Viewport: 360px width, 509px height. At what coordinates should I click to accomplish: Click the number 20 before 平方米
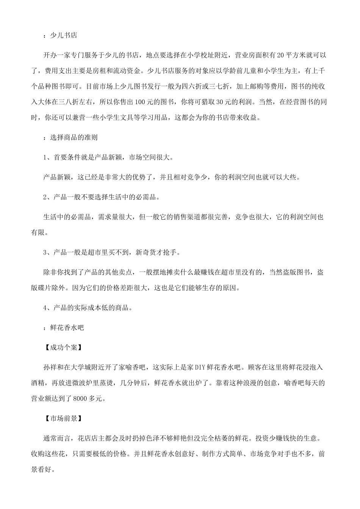point(280,55)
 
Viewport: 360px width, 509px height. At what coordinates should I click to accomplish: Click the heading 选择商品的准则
point(74,137)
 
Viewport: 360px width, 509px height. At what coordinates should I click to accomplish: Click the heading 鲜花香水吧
point(67,328)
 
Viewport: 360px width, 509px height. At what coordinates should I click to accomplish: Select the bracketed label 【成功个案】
point(61,347)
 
